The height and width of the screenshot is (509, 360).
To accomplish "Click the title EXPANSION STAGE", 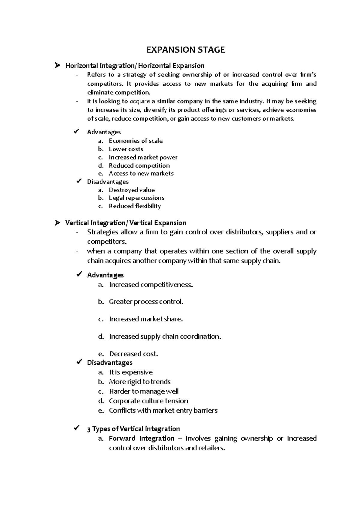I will [x=185, y=50].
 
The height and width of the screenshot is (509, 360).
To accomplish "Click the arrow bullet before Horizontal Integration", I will [x=57, y=65].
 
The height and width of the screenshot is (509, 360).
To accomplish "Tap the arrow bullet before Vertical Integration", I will [x=57, y=223].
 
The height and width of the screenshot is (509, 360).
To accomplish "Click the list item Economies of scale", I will [x=136, y=141].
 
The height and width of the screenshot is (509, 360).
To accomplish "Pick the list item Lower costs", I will [x=126, y=149].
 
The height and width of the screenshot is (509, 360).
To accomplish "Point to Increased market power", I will [x=143, y=157].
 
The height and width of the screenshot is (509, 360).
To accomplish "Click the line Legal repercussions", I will [x=136, y=198].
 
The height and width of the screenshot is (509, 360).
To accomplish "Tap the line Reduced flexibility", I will [x=135, y=206].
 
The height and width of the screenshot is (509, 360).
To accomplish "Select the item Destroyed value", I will [x=132, y=190].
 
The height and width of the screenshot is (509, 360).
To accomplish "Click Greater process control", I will [x=146, y=302].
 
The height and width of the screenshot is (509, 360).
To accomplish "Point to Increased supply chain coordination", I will [x=165, y=337].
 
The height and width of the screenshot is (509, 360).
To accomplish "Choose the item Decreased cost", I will [x=133, y=354].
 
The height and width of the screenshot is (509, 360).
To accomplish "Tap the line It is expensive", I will [x=131, y=372].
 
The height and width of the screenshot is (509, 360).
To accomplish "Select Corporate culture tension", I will [x=148, y=401].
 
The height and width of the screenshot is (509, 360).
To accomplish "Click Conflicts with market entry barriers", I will [x=163, y=411].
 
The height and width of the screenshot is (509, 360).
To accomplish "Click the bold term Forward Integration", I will [x=142, y=439].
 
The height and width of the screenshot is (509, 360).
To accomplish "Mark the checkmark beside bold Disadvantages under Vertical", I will [x=79, y=362].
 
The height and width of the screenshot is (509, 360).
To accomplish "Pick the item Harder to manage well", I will [x=144, y=391].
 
